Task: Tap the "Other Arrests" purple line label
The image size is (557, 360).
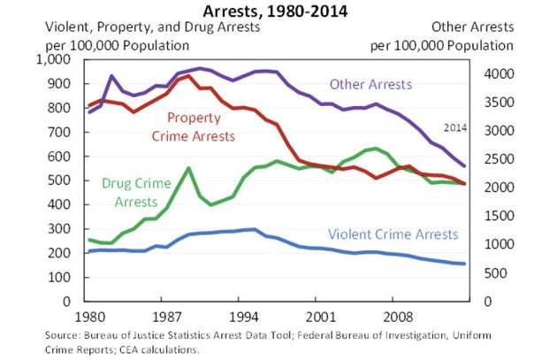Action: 370,85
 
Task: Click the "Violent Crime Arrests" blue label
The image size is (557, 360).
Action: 393,234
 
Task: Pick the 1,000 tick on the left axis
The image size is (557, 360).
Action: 55,60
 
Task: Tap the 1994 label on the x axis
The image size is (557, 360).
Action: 244,315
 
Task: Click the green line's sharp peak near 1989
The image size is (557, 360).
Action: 187,168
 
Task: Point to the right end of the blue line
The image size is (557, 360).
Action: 464,264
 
